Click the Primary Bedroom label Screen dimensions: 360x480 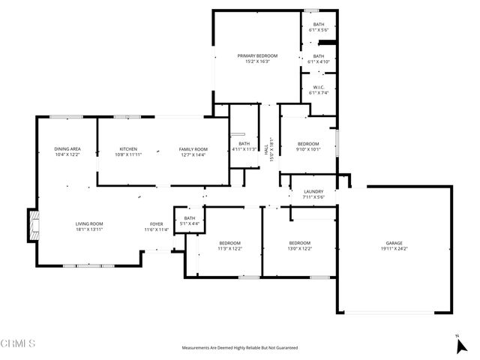tap(257, 58)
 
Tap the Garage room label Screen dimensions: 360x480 tap(394, 246)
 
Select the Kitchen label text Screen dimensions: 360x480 tap(127, 151)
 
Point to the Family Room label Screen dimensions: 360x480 tap(193, 151)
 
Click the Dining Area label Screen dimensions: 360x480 tap(67, 151)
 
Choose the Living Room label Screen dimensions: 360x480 tap(88, 226)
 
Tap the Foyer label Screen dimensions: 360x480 tap(156, 226)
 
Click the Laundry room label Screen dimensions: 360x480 tap(313, 194)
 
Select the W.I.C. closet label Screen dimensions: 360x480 tap(318, 90)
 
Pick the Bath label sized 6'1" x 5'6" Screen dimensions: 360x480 tap(319, 27)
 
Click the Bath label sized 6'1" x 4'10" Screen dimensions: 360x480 tap(319, 58)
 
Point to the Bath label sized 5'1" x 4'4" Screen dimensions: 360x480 tap(189, 221)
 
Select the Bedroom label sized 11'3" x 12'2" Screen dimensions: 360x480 tap(229, 246)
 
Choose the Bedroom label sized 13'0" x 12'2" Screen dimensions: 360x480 tap(300, 246)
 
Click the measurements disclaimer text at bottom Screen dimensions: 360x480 tap(240, 348)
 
